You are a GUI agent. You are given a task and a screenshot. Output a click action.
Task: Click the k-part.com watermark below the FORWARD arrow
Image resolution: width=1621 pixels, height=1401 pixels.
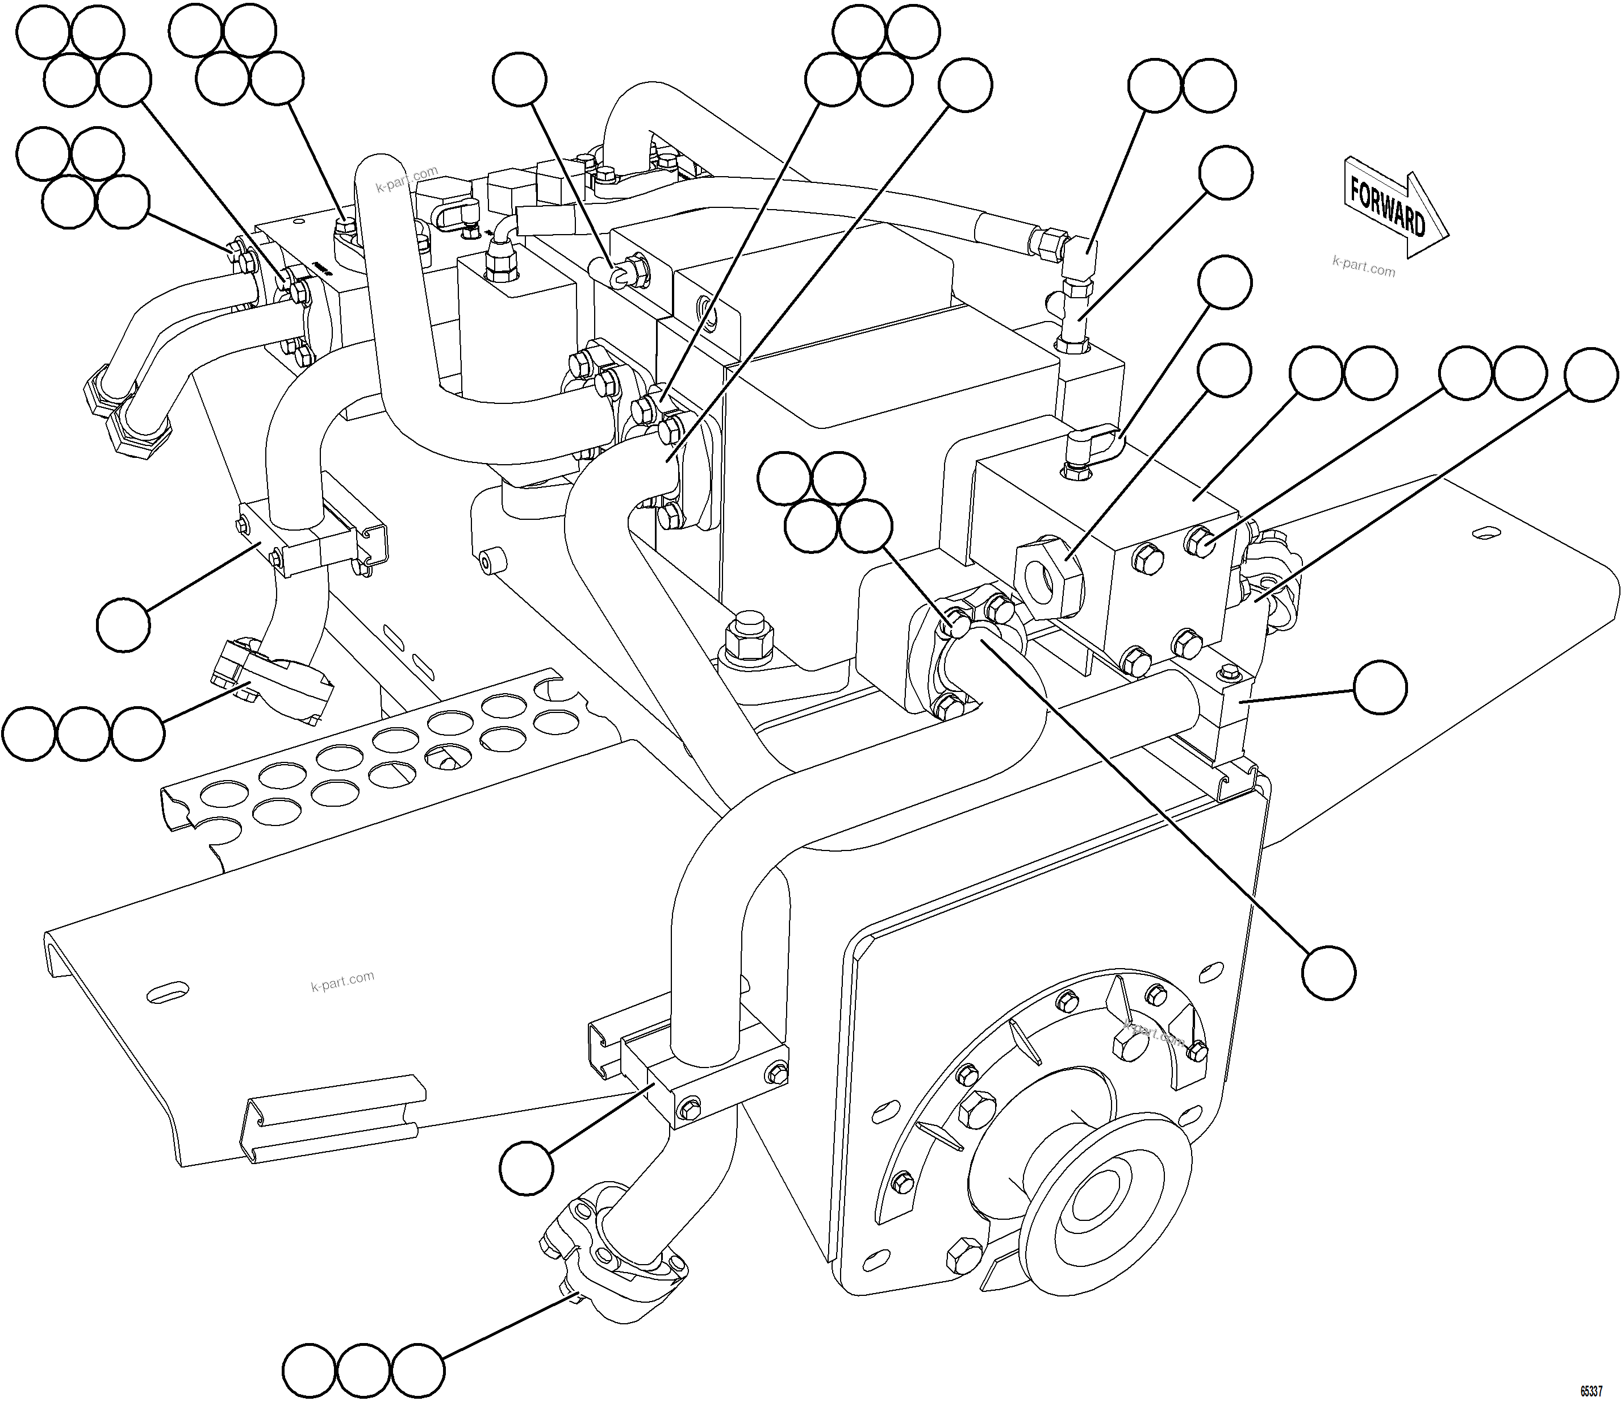[x=1363, y=268]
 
